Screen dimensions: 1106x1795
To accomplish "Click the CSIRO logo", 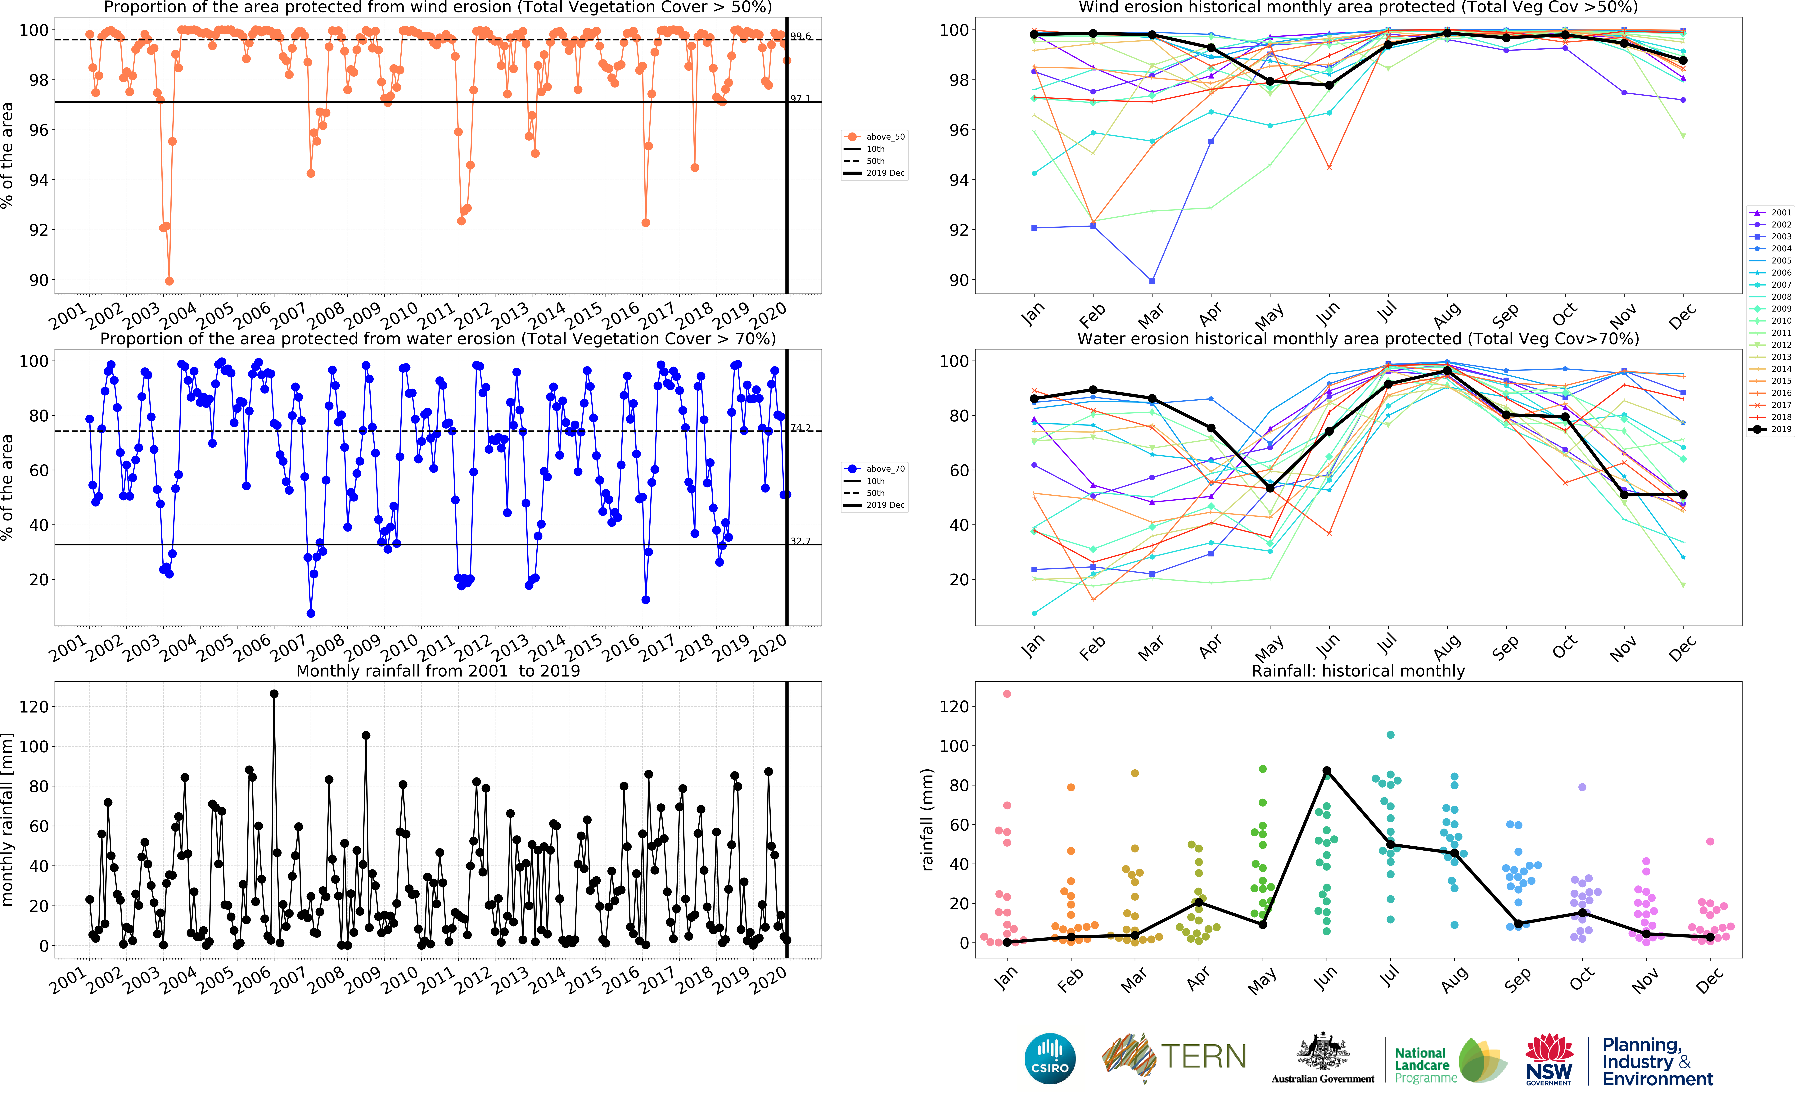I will click(1050, 1059).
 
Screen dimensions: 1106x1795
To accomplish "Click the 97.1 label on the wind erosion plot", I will click(800, 99).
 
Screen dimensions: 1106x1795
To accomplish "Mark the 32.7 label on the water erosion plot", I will click(800, 541).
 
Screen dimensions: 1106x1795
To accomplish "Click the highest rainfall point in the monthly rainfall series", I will click(273, 693).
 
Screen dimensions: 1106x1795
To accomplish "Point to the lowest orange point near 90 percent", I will click(169, 281).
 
